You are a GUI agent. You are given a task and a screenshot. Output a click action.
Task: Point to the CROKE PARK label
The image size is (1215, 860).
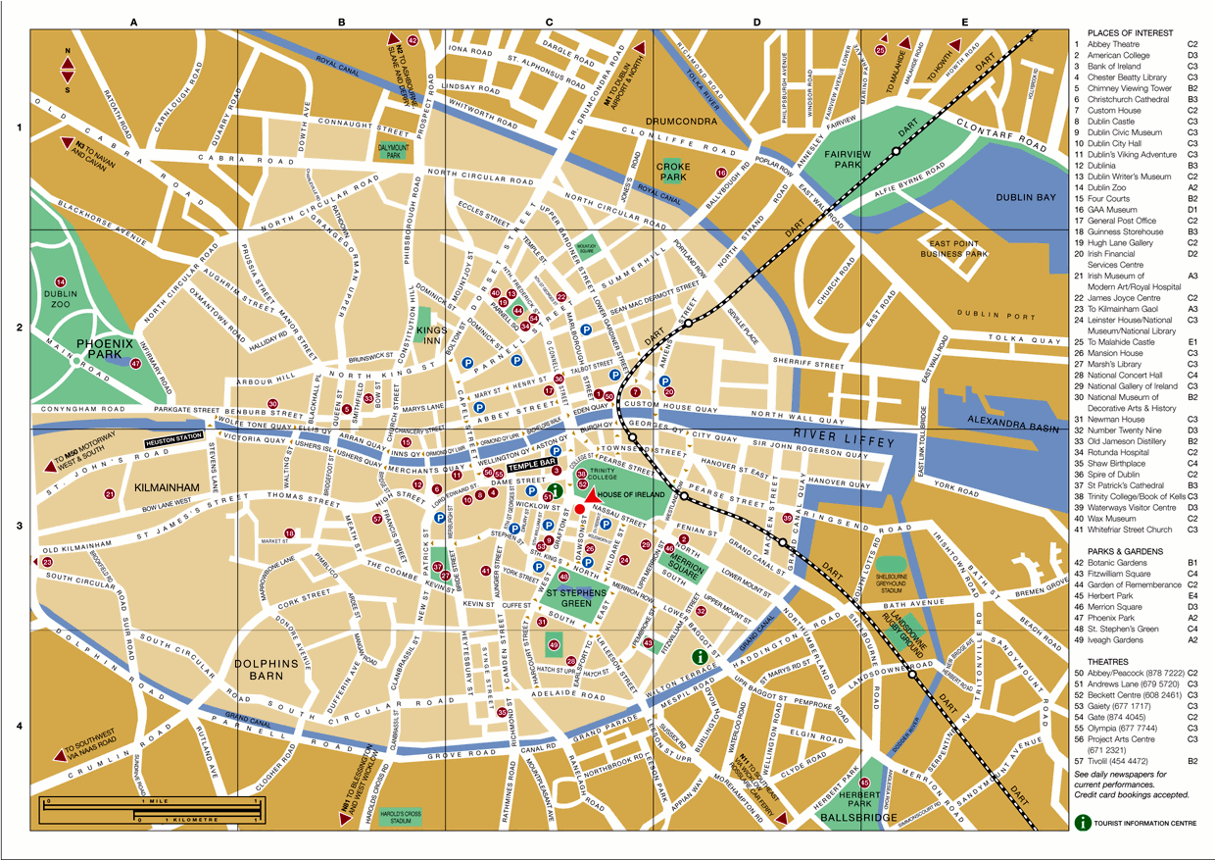pos(672,173)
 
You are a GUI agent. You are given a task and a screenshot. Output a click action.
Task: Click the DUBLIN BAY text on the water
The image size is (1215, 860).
pos(1026,197)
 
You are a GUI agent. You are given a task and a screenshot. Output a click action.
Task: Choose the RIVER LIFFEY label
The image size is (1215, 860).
pos(838,433)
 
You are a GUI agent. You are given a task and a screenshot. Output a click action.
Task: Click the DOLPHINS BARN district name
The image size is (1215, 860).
pos(267,670)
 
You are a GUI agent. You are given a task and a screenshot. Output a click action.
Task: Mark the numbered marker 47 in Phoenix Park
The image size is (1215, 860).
pos(136,364)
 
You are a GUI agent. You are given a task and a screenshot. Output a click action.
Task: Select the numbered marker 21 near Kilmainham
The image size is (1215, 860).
pos(110,494)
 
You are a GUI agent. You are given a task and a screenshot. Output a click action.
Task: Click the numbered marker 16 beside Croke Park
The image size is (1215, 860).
pos(721,174)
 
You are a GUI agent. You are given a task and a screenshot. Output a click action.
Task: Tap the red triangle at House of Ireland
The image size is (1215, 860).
pos(593,495)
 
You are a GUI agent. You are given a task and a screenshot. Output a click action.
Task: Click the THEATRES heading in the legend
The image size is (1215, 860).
pos(1098,661)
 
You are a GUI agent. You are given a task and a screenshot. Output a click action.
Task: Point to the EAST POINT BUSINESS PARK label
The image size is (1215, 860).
pos(958,248)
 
